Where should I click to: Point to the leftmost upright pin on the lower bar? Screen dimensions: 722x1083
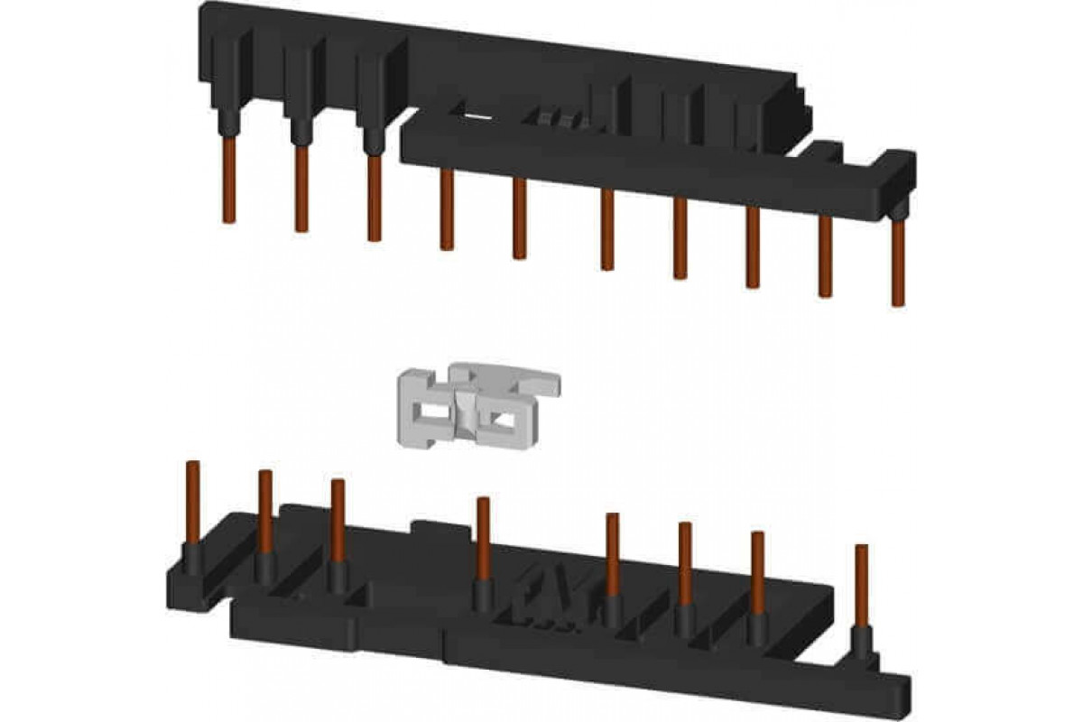click(x=191, y=505)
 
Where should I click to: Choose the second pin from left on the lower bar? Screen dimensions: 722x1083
click(x=265, y=514)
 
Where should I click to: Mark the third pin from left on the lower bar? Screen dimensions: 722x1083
click(x=338, y=523)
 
